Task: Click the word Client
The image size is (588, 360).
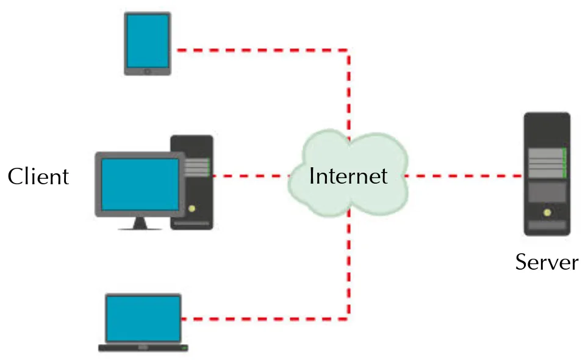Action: pos(38,177)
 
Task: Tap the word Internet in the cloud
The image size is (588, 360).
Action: pos(348,176)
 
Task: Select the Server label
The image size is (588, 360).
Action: pos(547,262)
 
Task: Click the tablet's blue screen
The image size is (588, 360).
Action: pos(148,41)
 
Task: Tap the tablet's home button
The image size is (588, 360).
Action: pos(147,71)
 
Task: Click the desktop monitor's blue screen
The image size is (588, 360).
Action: pos(140,184)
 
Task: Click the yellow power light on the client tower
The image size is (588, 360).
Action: pos(192,209)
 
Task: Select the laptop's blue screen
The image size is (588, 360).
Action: pos(143,319)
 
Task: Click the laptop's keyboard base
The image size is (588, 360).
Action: pos(143,347)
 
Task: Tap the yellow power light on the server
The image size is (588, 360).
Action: pos(547,212)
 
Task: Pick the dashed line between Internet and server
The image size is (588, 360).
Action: pos(464,176)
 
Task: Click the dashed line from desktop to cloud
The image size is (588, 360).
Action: pos(250,176)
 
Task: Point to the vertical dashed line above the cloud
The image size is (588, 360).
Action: pos(349,92)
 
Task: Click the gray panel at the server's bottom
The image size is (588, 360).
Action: pos(547,226)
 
